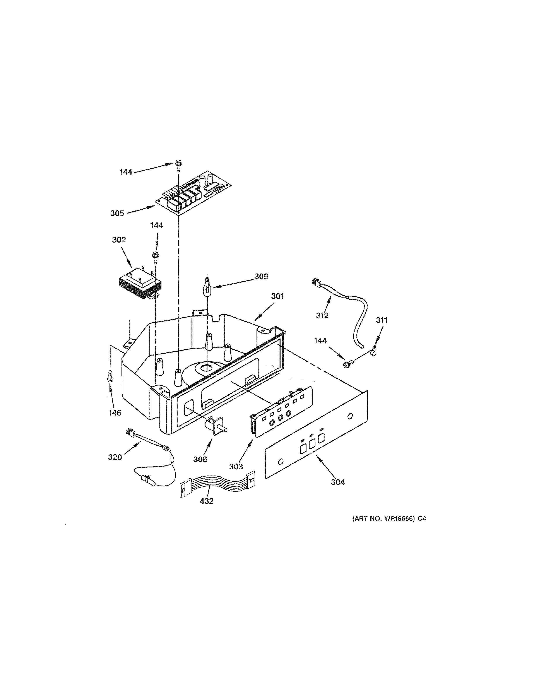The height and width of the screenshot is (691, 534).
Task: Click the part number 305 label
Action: click(117, 213)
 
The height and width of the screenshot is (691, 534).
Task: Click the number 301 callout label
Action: click(277, 296)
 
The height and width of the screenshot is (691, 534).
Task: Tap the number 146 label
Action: click(115, 413)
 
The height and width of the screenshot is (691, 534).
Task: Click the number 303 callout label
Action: click(236, 466)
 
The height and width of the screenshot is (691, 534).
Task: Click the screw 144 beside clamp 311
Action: click(347, 364)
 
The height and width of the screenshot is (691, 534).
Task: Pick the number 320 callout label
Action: click(115, 457)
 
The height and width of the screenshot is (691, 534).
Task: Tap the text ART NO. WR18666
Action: click(383, 518)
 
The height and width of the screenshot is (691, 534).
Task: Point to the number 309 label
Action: click(261, 277)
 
